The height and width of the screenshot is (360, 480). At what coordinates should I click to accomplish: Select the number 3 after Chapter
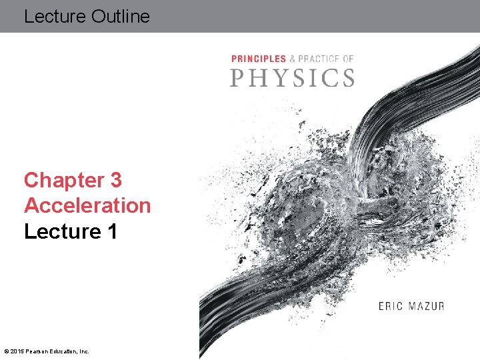coord(116,180)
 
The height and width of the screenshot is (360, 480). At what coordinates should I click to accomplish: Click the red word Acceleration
coord(87,205)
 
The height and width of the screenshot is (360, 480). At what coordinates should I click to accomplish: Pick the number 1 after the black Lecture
coord(111,231)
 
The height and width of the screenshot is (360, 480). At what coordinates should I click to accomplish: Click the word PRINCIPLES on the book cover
coord(258,59)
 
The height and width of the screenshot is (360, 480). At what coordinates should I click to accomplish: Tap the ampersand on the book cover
coord(292,59)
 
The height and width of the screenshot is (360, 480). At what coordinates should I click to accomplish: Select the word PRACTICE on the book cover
coord(319,59)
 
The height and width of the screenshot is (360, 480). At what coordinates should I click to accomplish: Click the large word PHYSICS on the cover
coord(292,78)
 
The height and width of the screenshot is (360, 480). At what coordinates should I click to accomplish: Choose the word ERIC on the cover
coord(390,307)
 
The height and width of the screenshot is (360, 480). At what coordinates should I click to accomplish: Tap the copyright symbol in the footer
coord(6,351)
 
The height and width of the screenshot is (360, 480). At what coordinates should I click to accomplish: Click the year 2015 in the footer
coord(17,351)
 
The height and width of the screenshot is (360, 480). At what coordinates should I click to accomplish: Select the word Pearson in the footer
coord(36,351)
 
